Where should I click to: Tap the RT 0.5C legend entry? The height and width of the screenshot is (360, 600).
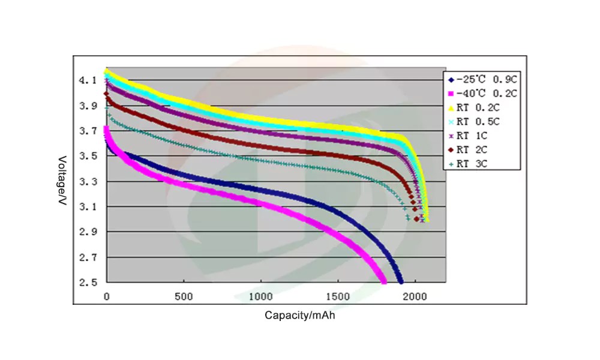[478, 122]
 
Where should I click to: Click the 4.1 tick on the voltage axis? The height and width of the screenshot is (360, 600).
[88, 80]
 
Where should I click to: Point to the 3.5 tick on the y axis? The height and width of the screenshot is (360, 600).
[88, 156]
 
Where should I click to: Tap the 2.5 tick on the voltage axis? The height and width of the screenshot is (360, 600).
[88, 282]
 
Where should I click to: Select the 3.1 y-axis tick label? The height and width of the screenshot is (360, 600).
[88, 206]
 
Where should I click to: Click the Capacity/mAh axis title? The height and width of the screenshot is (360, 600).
[299, 315]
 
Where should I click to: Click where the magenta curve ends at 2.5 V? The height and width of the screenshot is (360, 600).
[384, 281]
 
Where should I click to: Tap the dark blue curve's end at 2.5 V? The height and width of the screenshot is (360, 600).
[400, 281]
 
